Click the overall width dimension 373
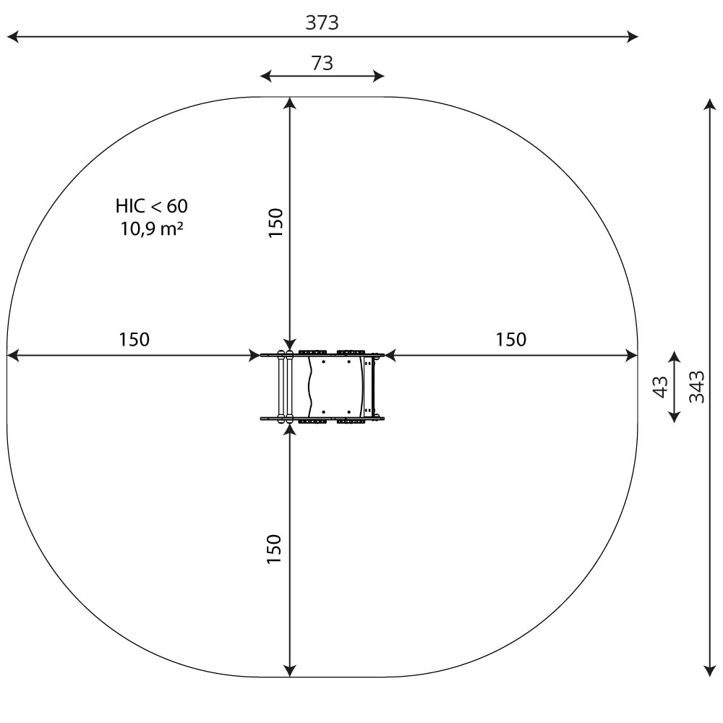coord(322,22)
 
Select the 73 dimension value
coord(322,63)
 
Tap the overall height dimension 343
coord(697,387)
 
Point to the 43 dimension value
coord(661,387)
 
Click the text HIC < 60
coord(152,206)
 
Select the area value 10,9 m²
coord(152,228)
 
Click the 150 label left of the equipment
coord(134,340)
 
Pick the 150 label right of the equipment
coord(511,340)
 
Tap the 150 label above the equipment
coord(275,223)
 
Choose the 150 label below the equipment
coord(274,549)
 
